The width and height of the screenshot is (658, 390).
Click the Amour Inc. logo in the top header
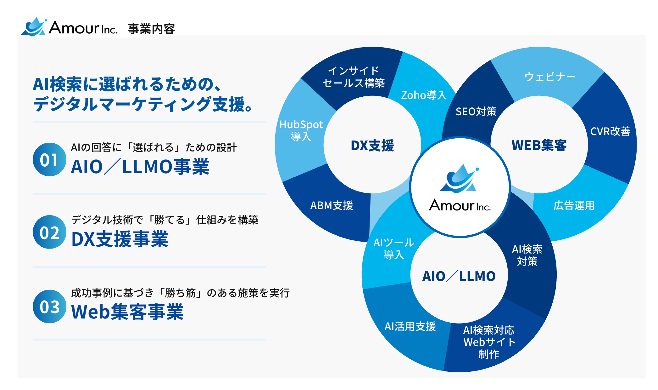click(x=69, y=27)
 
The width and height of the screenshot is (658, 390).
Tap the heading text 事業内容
click(x=151, y=29)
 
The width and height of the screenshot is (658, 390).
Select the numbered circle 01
click(x=49, y=159)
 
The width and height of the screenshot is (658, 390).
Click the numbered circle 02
click(x=49, y=232)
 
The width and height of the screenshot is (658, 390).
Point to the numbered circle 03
click(x=49, y=306)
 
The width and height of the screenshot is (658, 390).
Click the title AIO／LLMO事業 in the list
click(x=140, y=167)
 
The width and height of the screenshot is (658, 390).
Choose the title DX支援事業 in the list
click(x=120, y=239)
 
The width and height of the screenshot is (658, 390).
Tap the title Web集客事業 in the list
click(x=127, y=312)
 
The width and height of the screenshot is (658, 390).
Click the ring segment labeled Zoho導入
click(x=424, y=95)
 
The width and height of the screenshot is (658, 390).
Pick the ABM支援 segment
click(x=332, y=205)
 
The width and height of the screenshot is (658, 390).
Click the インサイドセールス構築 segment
click(x=354, y=77)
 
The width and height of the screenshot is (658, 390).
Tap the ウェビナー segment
click(x=550, y=77)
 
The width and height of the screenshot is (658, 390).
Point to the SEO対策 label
click(x=476, y=111)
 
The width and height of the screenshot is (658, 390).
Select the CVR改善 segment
click(x=610, y=131)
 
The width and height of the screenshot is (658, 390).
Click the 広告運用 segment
click(x=574, y=205)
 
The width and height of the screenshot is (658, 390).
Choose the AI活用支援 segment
click(x=410, y=326)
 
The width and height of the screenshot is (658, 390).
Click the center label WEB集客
click(x=539, y=145)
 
